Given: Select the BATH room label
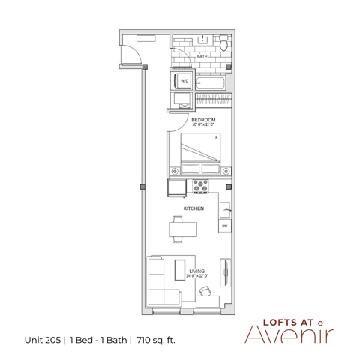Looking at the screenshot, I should click(x=202, y=56).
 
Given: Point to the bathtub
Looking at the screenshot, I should click(x=211, y=79).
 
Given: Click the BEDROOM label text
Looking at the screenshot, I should click(x=204, y=119).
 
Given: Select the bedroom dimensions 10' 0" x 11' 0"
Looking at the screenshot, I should click(x=204, y=125).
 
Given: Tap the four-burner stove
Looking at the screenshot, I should click(x=202, y=186).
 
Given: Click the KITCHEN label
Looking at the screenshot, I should click(x=195, y=209).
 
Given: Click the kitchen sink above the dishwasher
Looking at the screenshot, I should click(x=224, y=208).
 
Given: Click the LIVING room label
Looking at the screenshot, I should click(x=197, y=271).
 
